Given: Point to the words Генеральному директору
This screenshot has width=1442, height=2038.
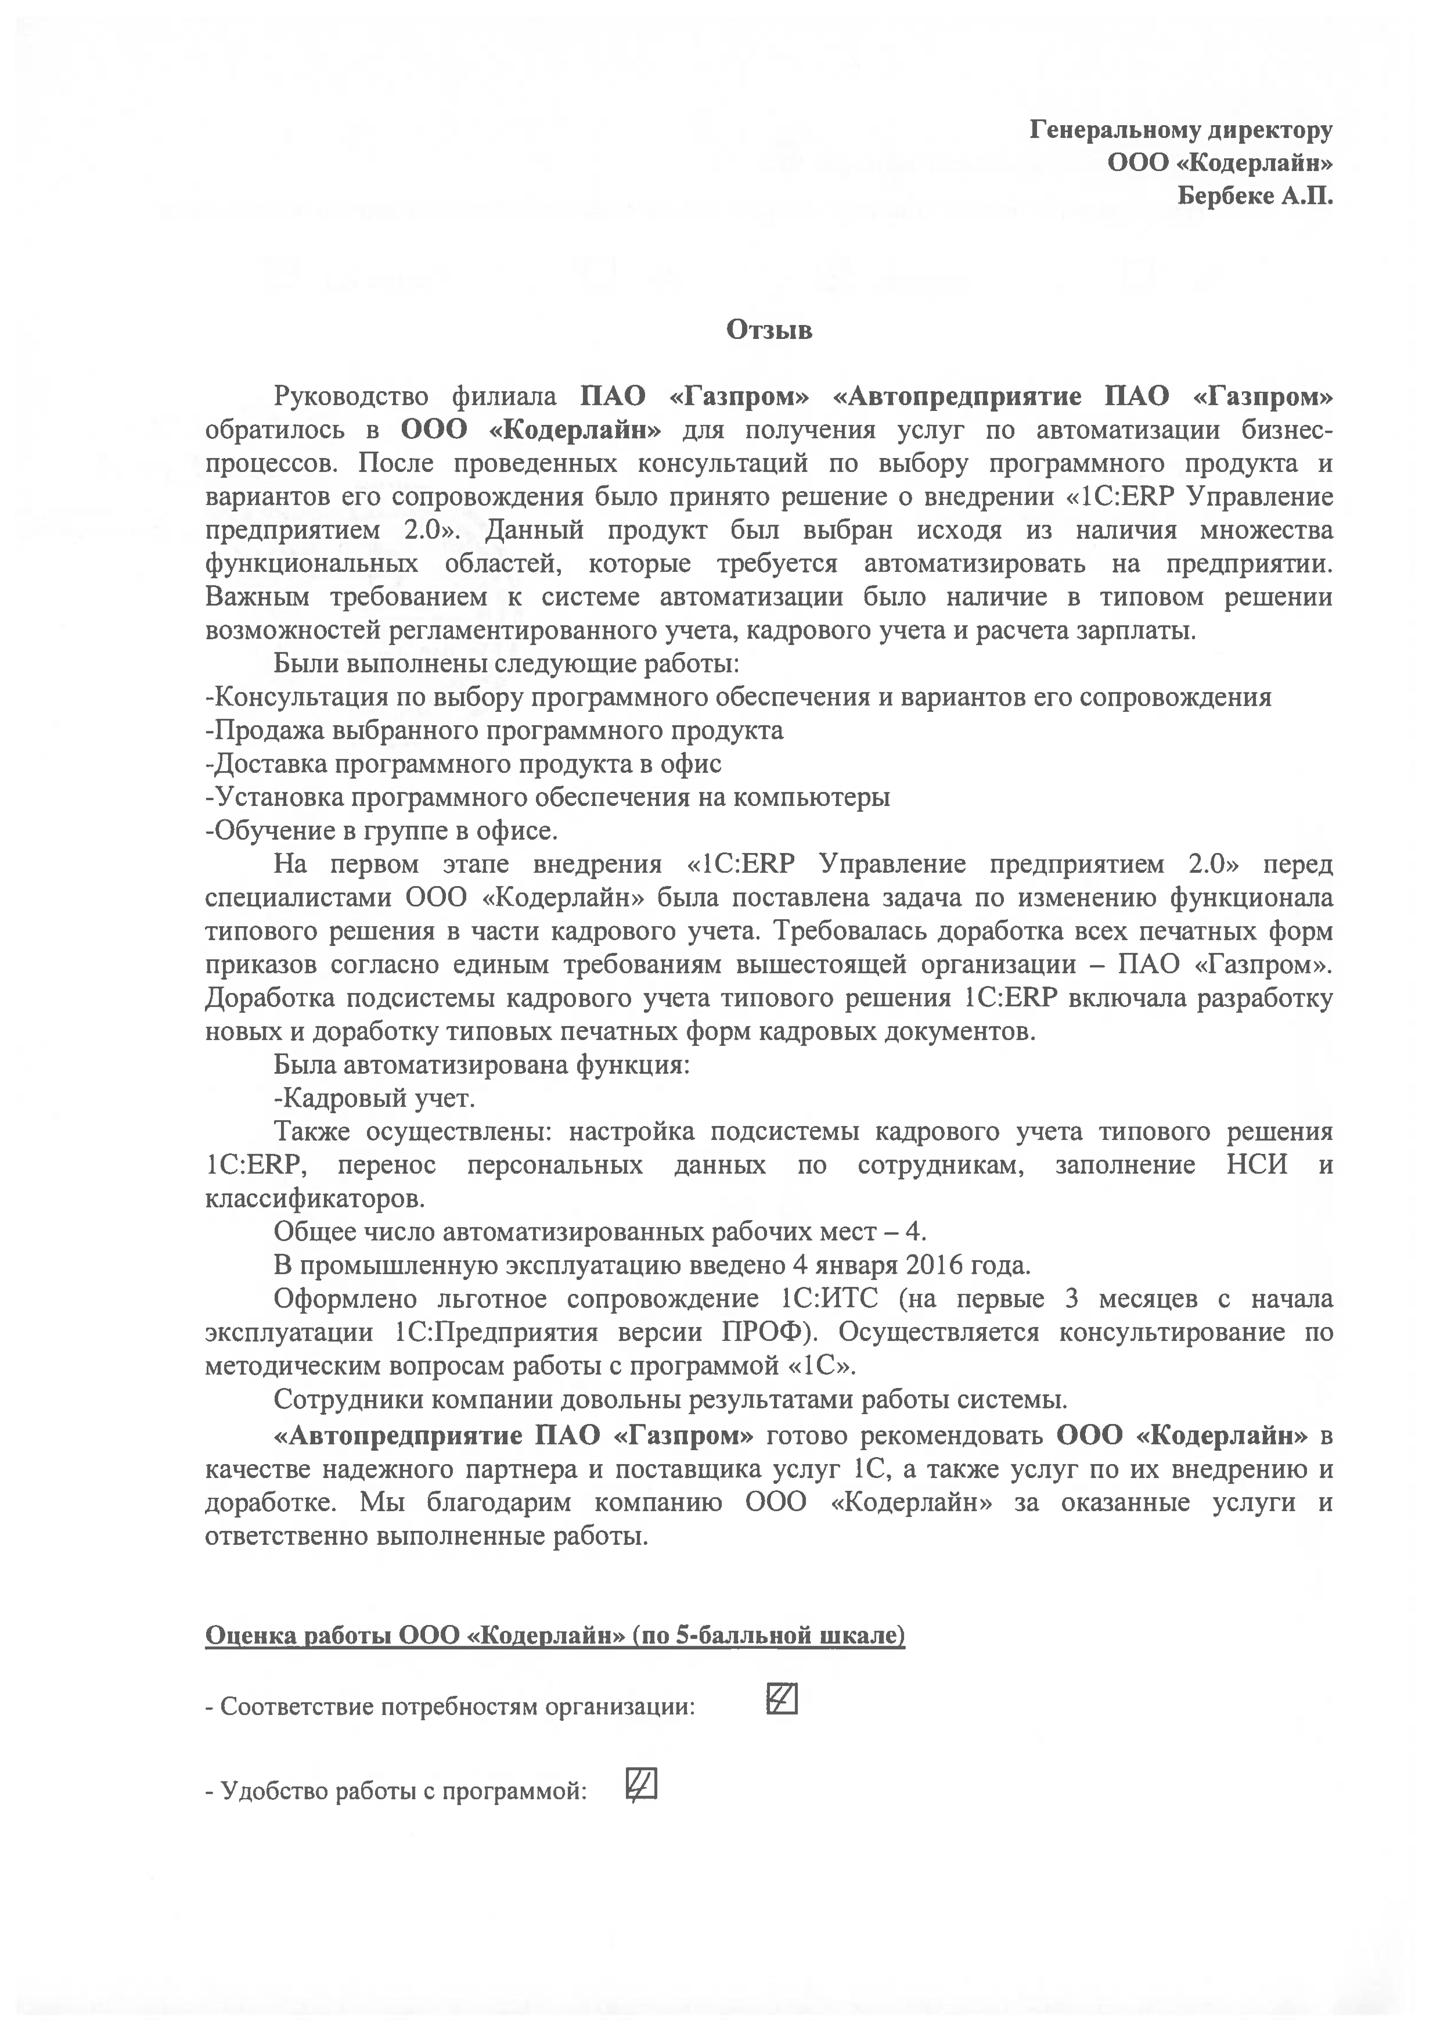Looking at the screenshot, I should point(1181,131).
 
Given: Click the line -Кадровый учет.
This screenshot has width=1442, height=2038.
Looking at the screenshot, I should point(375,1099).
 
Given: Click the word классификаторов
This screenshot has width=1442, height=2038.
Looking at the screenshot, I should point(315,1198).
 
